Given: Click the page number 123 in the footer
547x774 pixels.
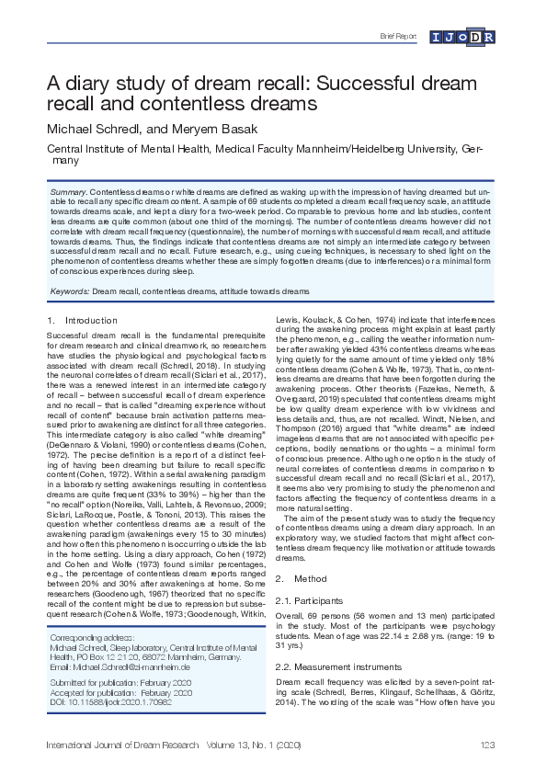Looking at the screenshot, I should (488, 743).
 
